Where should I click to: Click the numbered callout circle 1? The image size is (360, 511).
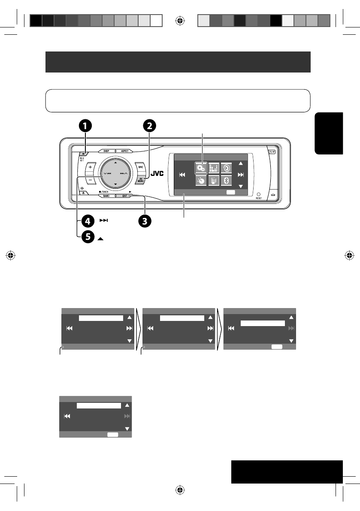coord(85,126)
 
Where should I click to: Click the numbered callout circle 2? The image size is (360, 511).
coord(149,126)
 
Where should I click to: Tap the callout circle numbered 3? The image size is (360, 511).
coord(145,221)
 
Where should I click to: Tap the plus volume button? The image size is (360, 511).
coord(90,167)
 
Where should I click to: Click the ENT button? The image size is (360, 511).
coord(125,196)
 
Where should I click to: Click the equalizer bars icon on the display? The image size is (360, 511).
coord(213,167)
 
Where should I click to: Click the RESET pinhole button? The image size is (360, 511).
coord(258,194)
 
